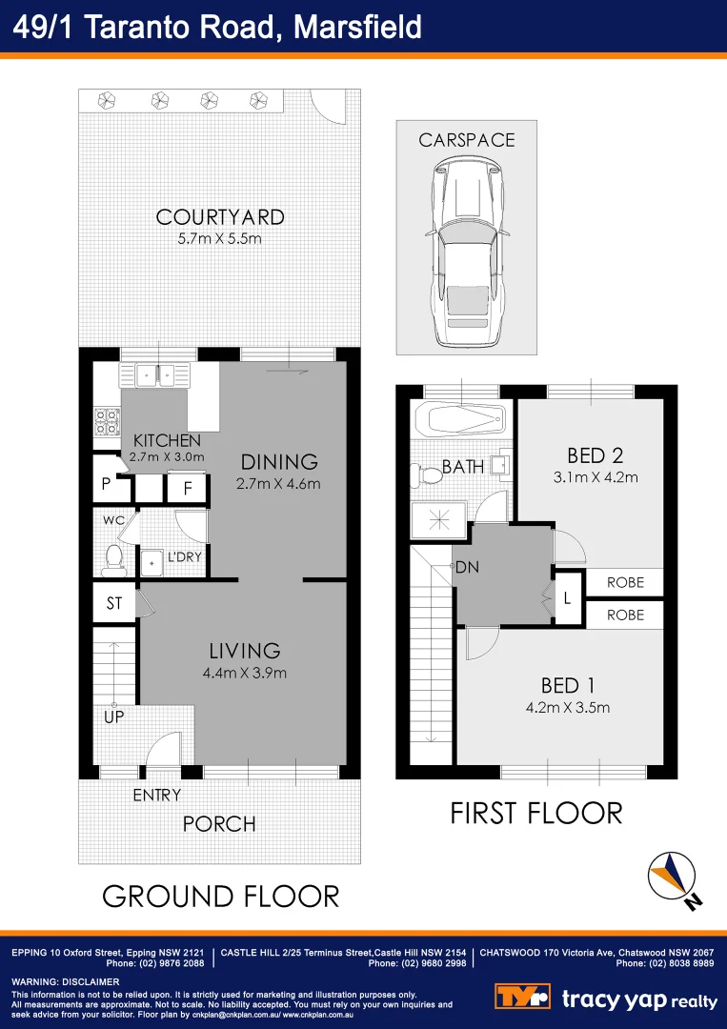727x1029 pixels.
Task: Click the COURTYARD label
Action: pos(220,217)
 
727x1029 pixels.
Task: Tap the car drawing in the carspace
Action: pos(466,252)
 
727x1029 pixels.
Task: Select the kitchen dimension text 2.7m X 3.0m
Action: pos(166,456)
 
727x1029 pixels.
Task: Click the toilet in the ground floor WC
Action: pos(114,557)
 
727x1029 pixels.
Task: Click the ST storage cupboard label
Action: pos(114,604)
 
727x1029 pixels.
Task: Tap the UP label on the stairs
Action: pos(113,716)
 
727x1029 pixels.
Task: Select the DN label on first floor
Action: pos(467,567)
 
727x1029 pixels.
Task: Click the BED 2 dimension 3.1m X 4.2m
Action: pos(596,477)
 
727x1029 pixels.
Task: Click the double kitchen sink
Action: pos(157,375)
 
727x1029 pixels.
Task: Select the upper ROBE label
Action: pos(625,582)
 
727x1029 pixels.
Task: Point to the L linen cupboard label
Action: pos(567,599)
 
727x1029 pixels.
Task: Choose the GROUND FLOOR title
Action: pos(220,896)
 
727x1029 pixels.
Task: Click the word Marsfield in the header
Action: pos(357,27)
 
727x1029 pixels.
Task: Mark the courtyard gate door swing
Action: pos(331,108)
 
